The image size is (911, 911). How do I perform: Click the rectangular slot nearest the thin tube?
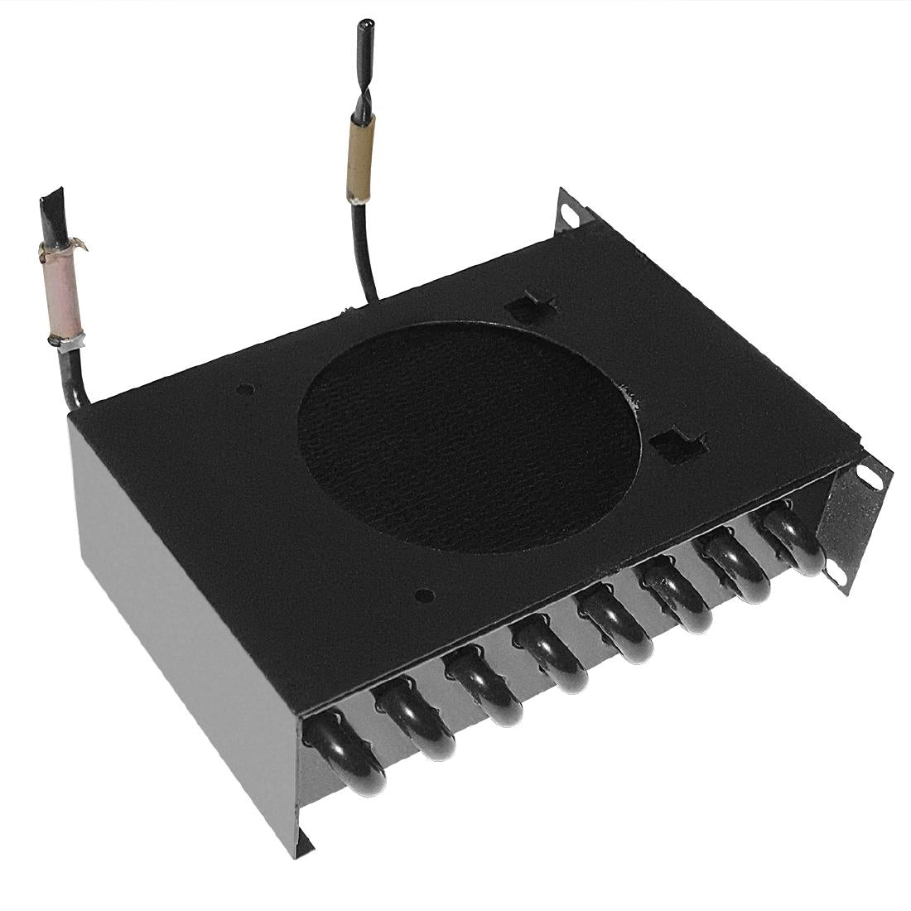point(527,309)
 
